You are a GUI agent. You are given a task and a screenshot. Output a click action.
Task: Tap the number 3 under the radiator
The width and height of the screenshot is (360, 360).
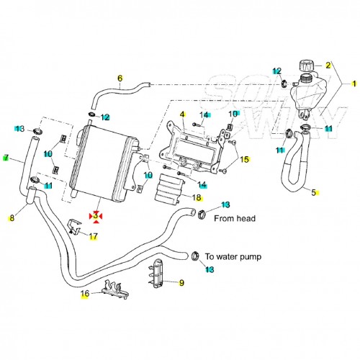click(95, 215)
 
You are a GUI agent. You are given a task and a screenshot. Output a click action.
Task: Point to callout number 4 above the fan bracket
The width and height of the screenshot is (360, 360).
click(182, 114)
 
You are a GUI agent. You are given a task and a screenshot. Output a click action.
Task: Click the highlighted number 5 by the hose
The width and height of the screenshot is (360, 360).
click(313, 192)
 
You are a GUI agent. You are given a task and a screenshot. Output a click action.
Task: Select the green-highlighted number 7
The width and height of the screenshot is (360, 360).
click(6, 158)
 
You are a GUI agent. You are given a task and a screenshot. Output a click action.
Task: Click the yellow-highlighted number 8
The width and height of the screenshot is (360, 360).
click(12, 217)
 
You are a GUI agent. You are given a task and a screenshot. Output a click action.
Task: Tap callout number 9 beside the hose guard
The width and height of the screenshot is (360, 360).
click(181, 283)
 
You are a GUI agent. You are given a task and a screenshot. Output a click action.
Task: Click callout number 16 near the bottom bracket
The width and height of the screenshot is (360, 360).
click(85, 294)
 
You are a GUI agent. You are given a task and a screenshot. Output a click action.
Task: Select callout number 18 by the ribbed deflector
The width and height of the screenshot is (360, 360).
click(197, 197)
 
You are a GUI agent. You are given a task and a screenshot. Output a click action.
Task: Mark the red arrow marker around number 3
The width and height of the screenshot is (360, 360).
click(95, 215)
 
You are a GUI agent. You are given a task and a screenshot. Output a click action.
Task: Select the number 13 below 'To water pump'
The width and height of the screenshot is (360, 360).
click(210, 269)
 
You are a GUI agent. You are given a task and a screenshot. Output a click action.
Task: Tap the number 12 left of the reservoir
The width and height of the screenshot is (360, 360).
click(277, 70)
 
